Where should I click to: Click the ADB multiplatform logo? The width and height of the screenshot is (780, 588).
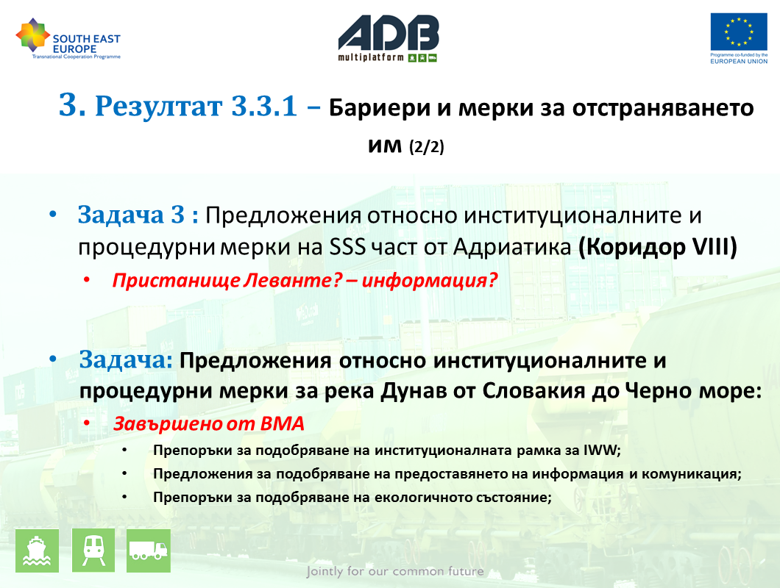[x=389, y=39]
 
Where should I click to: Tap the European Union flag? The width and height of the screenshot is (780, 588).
[x=739, y=32]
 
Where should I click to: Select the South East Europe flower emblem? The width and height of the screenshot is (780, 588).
[x=33, y=35]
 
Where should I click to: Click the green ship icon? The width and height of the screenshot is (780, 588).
[x=38, y=551]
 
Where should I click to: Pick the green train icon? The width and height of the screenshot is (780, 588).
[x=93, y=551]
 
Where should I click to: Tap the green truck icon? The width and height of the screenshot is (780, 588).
[x=148, y=551]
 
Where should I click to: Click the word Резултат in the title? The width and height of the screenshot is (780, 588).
[x=158, y=107]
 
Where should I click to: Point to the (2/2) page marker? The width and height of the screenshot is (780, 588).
[x=426, y=146]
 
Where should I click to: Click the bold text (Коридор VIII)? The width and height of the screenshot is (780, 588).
[x=657, y=247]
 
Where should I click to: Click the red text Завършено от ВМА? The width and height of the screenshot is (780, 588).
[x=208, y=424]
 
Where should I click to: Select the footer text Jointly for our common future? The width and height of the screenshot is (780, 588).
[x=395, y=571]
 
